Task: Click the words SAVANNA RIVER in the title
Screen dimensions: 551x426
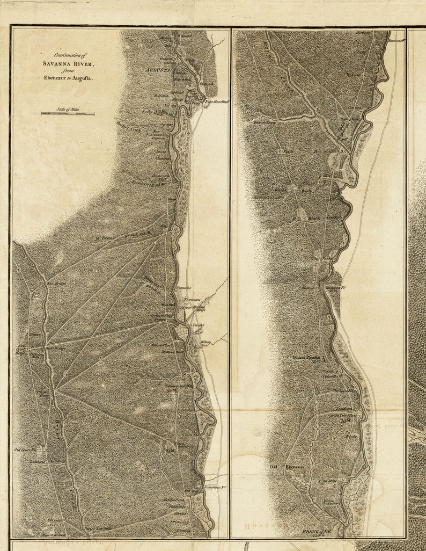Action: click(x=69, y=63)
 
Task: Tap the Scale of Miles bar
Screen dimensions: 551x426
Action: click(x=68, y=113)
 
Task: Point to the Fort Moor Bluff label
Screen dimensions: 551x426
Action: click(x=217, y=101)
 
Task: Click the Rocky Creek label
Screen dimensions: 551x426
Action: click(x=152, y=112)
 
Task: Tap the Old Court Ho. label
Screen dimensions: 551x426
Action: click(x=25, y=450)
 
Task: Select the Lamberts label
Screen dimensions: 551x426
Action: click(x=37, y=461)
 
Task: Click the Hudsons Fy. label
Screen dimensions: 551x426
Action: click(x=336, y=288)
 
